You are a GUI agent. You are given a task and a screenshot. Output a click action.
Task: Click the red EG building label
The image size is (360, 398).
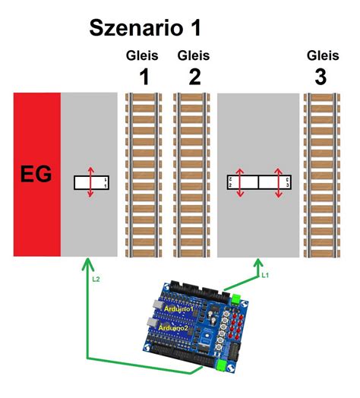click(36, 175)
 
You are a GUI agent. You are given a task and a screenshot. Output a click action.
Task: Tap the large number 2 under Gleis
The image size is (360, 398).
click(192, 77)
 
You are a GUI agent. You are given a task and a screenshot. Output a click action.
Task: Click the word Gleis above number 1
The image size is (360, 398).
click(142, 55)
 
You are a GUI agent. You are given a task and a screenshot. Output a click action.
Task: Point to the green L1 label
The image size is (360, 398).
click(264, 275)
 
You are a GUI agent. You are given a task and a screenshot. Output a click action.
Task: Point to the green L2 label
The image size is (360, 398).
click(96, 280)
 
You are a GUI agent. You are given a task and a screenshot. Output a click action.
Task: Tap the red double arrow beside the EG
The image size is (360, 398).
click(90, 182)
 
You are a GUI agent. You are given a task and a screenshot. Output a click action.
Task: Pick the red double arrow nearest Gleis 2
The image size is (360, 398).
click(239, 182)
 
